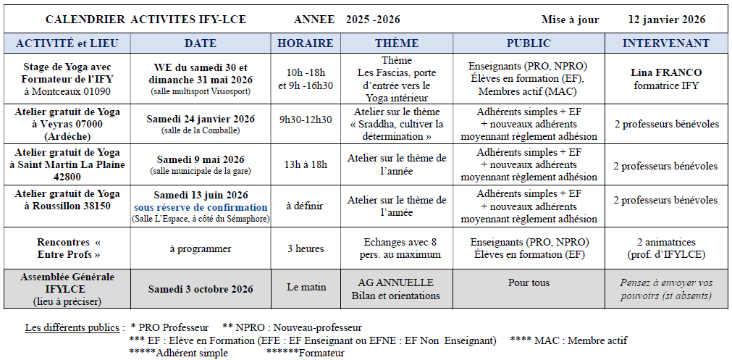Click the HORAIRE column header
305,43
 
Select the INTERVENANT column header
666,43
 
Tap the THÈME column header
397,43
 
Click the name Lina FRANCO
666,72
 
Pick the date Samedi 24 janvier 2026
201,120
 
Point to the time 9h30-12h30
305,120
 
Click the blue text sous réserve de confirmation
201,207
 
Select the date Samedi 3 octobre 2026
201,289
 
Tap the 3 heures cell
305,248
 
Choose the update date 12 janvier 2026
667,20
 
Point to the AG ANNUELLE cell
396,282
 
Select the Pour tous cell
529,283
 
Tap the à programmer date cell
201,248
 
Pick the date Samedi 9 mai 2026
201,159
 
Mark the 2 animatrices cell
666,243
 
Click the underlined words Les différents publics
72,328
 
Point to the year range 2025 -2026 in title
372,20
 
